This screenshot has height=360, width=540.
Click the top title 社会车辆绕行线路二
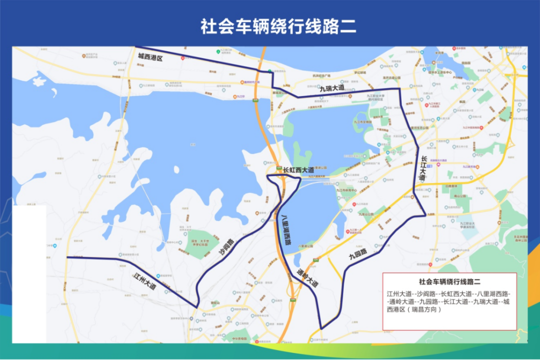[279, 26]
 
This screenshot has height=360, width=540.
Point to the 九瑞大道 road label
[332, 87]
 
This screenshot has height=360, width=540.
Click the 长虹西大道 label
[298, 169]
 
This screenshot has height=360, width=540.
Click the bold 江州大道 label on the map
[145, 281]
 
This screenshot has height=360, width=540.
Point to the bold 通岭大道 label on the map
[307, 279]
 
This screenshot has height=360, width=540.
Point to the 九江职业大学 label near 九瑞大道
[375, 95]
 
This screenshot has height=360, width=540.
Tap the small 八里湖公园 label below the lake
[305, 246]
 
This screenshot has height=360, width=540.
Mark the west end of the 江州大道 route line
[67, 257]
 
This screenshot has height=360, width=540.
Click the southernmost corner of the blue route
[321, 328]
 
